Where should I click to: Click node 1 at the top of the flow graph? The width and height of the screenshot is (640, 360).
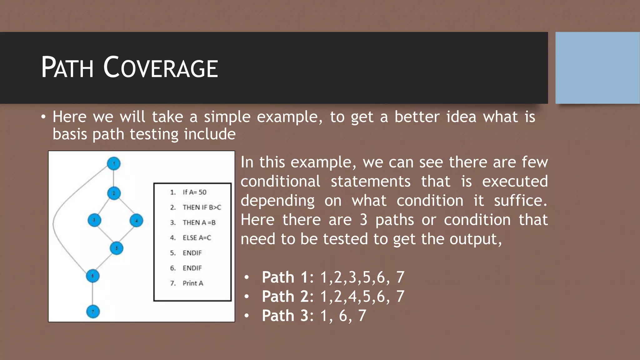point(114,163)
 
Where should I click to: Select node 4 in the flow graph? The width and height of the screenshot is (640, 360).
point(136,220)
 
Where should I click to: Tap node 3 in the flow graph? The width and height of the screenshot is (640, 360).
point(94,220)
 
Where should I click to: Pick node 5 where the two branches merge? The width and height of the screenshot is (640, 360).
point(117,248)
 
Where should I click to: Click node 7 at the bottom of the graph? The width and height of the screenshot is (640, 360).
point(93,312)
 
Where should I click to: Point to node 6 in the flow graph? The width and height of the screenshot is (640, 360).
point(93,276)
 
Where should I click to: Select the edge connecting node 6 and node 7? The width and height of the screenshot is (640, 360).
point(93,294)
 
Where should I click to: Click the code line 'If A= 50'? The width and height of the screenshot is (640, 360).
point(194,192)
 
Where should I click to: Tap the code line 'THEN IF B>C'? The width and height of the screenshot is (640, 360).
point(202,207)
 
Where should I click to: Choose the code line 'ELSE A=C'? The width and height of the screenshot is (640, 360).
point(197,238)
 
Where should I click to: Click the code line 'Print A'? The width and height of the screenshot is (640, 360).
point(193,283)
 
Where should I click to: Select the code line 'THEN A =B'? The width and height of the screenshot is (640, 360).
point(199,222)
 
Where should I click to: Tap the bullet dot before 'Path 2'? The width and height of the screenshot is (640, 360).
point(247,297)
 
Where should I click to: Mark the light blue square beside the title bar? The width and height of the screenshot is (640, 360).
point(597,67)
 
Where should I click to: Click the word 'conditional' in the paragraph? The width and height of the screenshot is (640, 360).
point(280,181)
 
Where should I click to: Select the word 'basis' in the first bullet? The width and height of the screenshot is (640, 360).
point(70,134)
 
